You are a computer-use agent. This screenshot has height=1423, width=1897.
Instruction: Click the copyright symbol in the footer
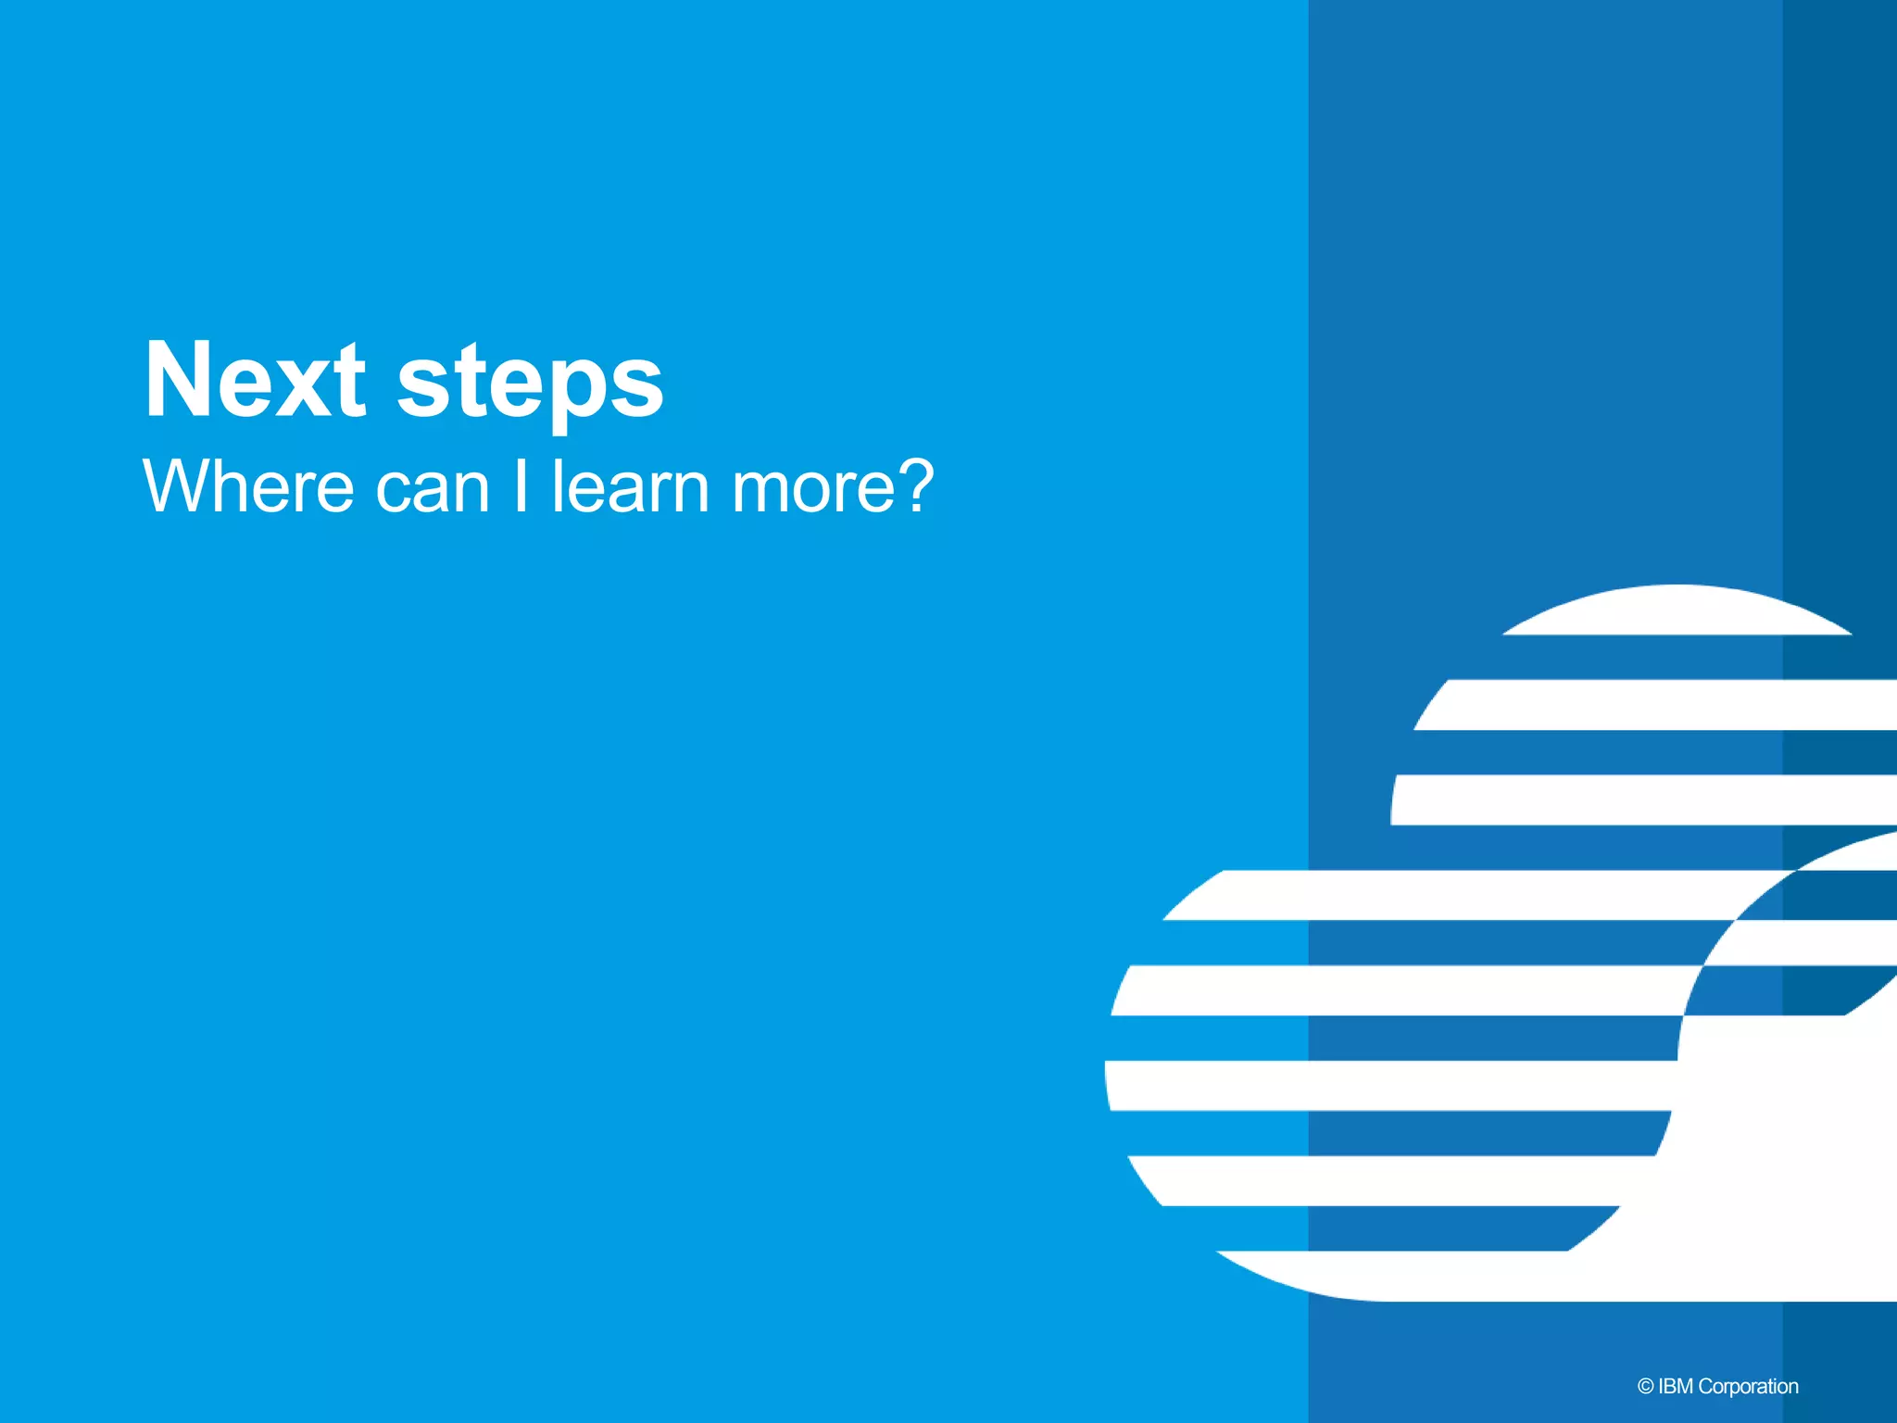tap(1645, 1387)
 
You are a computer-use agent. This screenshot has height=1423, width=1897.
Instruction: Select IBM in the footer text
tap(1676, 1387)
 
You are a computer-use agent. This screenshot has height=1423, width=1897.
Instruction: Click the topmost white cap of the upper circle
tap(1677, 611)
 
